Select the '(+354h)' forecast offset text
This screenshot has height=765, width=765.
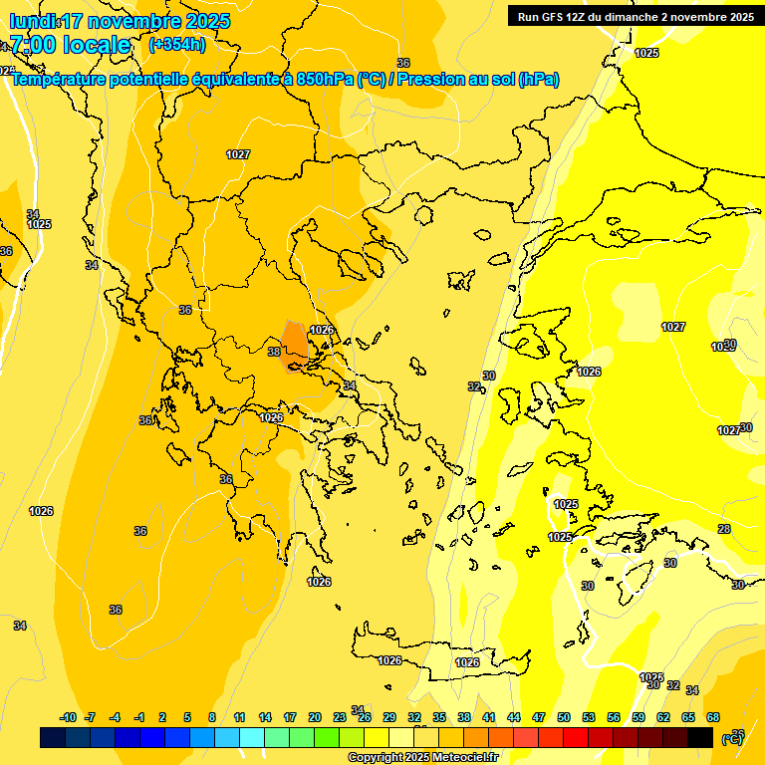click(x=177, y=44)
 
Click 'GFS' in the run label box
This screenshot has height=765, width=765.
click(x=550, y=16)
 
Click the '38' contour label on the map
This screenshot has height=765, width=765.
click(x=274, y=352)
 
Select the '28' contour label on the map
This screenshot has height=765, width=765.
click(x=724, y=529)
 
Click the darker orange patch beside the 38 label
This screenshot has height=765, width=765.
click(x=295, y=343)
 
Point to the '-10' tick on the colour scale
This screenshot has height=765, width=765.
click(x=68, y=717)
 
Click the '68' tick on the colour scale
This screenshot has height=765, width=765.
click(x=713, y=717)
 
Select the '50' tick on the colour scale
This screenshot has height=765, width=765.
click(x=564, y=717)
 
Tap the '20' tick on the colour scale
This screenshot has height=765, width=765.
click(x=315, y=717)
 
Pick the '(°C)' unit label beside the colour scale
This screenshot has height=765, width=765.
click(x=731, y=739)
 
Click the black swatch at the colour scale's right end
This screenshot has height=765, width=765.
click(x=700, y=737)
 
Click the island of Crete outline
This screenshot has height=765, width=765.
click(x=438, y=663)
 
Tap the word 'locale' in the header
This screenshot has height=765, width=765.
click(x=97, y=45)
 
